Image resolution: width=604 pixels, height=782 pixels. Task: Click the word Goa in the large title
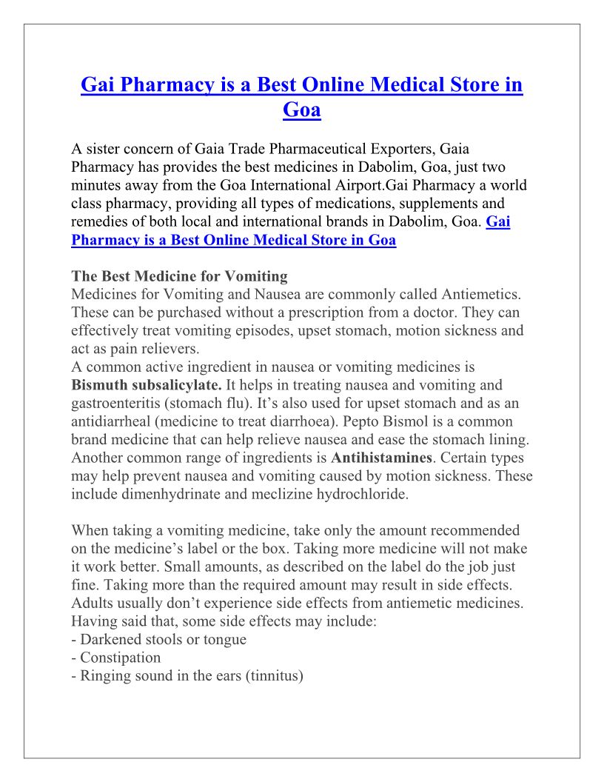point(302,110)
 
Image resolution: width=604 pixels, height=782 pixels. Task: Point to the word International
point(343,185)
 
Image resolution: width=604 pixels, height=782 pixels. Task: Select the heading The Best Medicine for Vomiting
point(179,276)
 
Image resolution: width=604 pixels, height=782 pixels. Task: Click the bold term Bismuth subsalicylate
point(146,385)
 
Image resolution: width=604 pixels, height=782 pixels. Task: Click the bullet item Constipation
point(120,658)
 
